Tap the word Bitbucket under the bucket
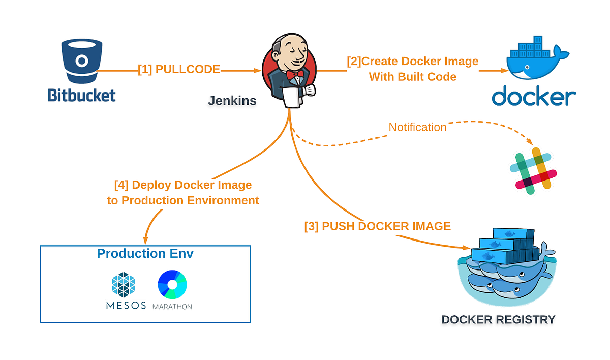click(82, 95)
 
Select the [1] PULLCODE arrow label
click(179, 69)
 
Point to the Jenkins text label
click(232, 101)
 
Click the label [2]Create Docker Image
click(412, 62)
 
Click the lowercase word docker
click(533, 96)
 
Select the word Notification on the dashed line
click(417, 127)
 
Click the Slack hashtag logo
click(533, 171)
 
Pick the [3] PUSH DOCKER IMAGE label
click(377, 226)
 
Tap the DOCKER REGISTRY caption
click(498, 320)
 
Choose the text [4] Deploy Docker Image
click(183, 185)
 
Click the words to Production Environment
click(183, 200)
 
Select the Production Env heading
click(145, 254)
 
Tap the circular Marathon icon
click(172, 284)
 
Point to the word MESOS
click(126, 306)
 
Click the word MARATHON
click(172, 307)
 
